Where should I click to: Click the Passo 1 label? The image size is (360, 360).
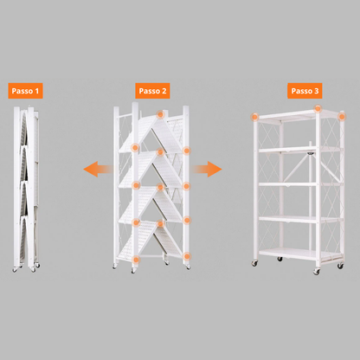point(26,89)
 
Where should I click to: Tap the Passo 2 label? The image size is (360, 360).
point(152,89)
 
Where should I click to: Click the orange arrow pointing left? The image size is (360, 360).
point(97,170)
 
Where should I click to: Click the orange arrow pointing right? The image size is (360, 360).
point(208,169)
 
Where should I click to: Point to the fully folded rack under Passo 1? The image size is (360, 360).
point(25,186)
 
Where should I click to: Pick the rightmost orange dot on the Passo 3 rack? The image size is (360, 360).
point(318,110)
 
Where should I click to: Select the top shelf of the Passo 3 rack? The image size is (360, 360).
point(286,116)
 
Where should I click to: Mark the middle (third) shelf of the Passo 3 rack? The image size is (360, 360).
point(286,184)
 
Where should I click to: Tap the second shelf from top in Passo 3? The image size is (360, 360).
point(286,149)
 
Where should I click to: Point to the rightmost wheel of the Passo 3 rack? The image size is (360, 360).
point(317,271)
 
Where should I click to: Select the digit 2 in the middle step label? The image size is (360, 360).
point(164,89)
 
